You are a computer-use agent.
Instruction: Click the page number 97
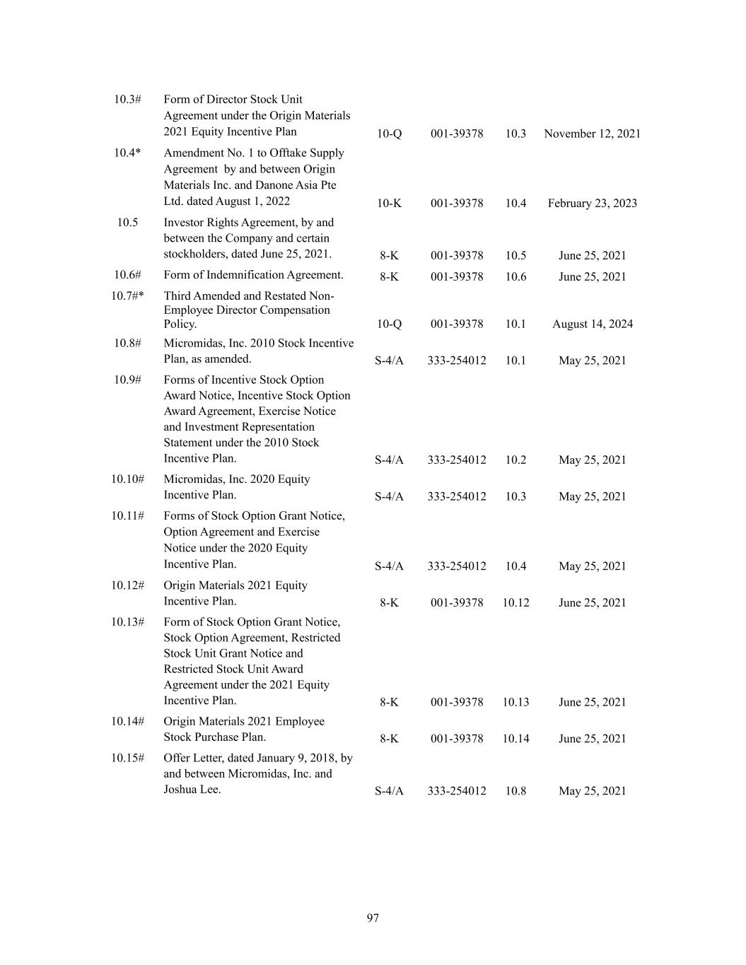click(x=373, y=918)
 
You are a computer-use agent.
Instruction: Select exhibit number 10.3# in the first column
click(x=127, y=99)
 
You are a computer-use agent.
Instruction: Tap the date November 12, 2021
click(x=592, y=134)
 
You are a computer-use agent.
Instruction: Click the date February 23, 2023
click(x=592, y=204)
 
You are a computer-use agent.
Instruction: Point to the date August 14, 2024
click(x=592, y=324)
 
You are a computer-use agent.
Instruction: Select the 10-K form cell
click(x=389, y=204)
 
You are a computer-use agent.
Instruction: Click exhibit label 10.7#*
click(x=127, y=296)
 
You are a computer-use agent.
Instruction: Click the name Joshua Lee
click(x=192, y=790)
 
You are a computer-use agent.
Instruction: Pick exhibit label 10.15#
click(x=127, y=758)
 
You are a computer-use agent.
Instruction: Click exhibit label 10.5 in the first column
click(x=127, y=223)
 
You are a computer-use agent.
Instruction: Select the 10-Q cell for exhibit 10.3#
click(x=389, y=134)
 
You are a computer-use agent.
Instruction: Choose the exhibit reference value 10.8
click(x=515, y=791)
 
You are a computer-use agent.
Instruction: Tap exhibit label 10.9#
click(x=127, y=380)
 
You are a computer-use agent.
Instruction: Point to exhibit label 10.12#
click(x=127, y=585)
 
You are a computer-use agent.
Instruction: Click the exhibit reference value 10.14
click(x=515, y=739)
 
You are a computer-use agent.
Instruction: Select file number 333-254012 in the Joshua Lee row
click(x=456, y=791)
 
